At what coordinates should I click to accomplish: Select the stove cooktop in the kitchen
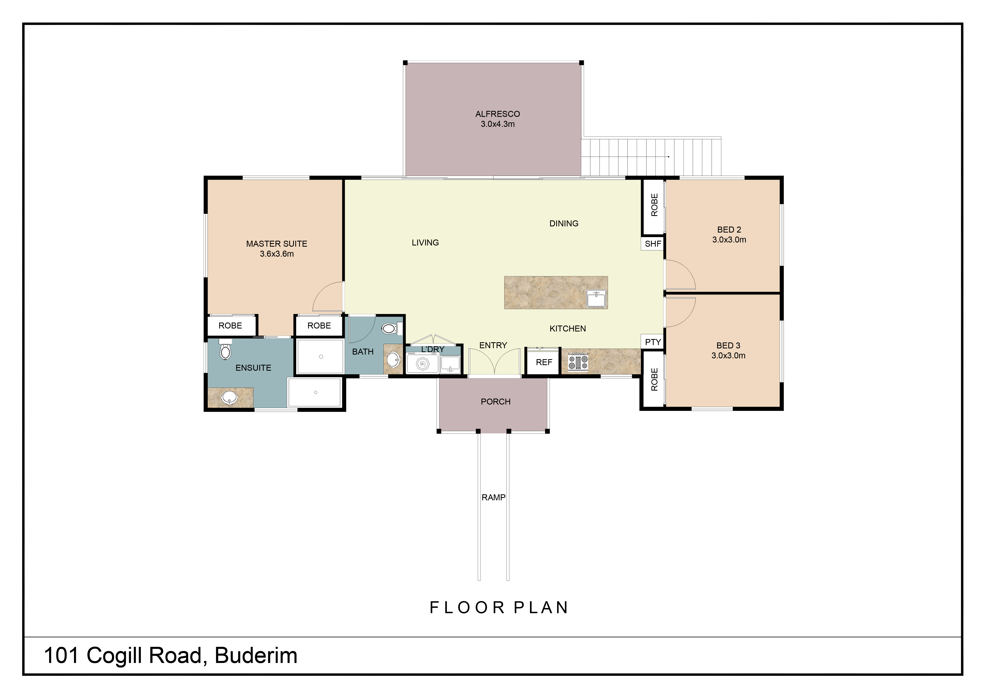click(x=578, y=362)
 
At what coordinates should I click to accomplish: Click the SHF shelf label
click(x=653, y=244)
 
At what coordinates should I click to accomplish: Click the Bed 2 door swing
click(x=680, y=275)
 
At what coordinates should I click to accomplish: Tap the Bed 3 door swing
click(x=680, y=312)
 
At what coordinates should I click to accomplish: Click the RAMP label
click(x=493, y=497)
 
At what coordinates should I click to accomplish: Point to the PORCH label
click(x=496, y=401)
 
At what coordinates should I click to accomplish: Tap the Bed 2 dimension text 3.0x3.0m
click(x=729, y=240)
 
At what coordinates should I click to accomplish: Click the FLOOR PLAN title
click(x=499, y=608)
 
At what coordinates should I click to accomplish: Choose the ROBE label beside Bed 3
click(x=654, y=379)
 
